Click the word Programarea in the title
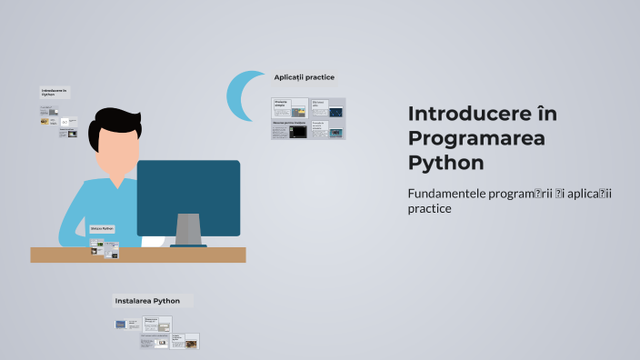(x=464, y=138)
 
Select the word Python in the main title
(x=446, y=163)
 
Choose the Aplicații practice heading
(x=305, y=77)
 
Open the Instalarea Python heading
(x=147, y=301)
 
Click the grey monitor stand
(x=188, y=229)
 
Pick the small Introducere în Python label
(x=54, y=92)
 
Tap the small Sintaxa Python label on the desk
(x=102, y=229)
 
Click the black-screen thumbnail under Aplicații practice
(x=298, y=132)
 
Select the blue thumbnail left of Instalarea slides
(x=121, y=324)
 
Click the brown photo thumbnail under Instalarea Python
(x=191, y=345)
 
